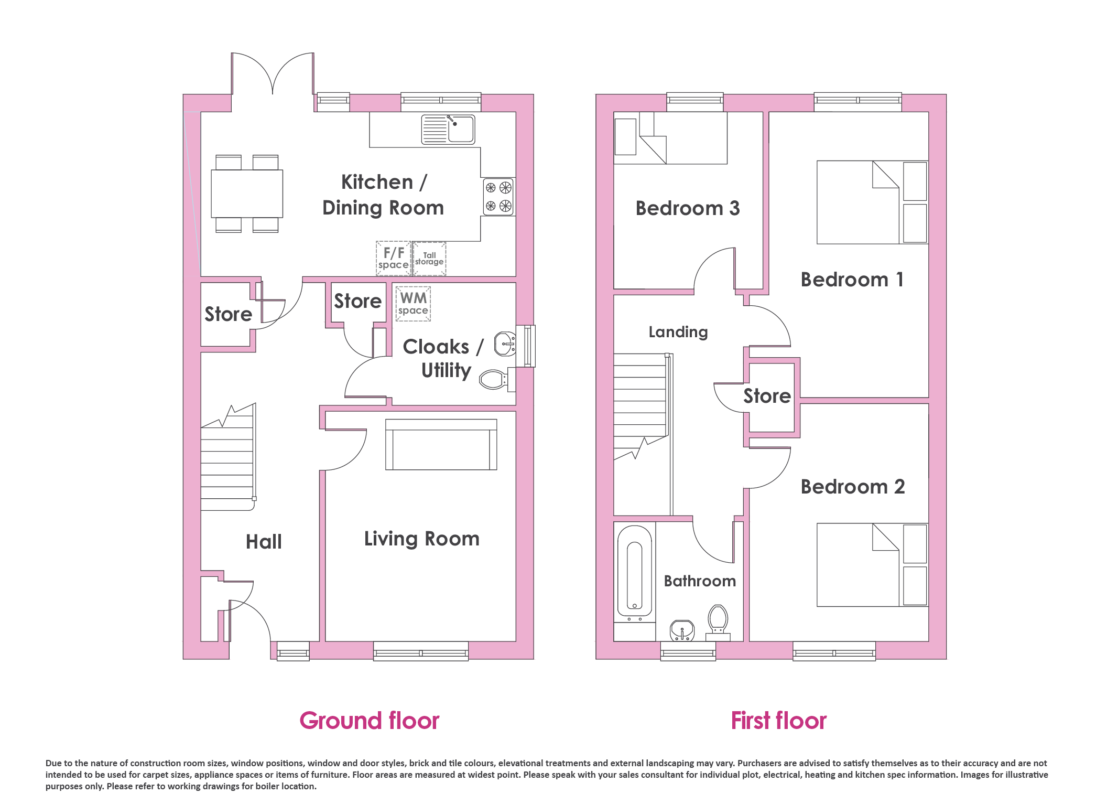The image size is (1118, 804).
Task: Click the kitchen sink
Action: pos(448,130)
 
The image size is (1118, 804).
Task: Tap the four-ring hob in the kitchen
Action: pos(498,197)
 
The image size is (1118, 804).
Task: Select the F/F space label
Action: pos(394,258)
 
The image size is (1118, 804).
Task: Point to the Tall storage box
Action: pos(429,259)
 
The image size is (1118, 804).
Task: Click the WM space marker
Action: pos(413,304)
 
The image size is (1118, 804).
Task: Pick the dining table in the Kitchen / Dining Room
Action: pos(247,194)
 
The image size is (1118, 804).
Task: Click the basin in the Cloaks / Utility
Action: pos(505,344)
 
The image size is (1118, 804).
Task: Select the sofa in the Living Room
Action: pos(441,444)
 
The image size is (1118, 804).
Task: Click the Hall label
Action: pos(264,542)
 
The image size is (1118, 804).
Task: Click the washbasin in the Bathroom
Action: pos(682,630)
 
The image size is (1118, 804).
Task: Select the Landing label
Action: pos(678,332)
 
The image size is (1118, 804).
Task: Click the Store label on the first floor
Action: pos(767,396)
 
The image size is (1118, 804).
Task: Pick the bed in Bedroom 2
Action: pos(872,565)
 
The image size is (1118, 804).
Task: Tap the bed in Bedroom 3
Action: pos(670,138)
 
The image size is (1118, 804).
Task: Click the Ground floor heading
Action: pos(370,721)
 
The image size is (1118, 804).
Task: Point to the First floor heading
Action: pos(779,721)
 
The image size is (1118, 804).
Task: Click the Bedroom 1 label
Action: pos(852,280)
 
